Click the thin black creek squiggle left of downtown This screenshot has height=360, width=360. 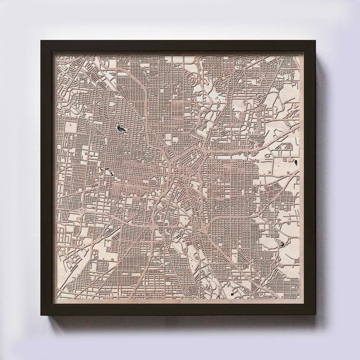109,171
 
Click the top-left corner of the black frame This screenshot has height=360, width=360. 41,41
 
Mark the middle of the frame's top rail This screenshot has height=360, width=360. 178,46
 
